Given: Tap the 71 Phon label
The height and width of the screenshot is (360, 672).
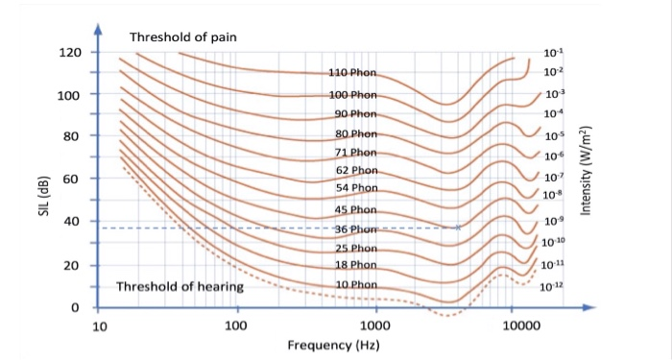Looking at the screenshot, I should (x=355, y=153).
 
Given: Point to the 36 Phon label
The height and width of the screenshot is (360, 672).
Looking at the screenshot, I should (x=355, y=229).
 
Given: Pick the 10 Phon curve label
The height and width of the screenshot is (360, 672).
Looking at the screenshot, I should (x=355, y=285).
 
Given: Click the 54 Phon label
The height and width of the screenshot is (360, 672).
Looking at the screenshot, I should (x=355, y=187).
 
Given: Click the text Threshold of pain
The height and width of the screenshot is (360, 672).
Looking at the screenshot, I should (x=182, y=37).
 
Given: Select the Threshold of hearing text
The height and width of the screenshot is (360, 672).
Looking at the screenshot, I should (x=180, y=286).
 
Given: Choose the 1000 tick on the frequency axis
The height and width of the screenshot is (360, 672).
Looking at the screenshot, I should (x=375, y=326).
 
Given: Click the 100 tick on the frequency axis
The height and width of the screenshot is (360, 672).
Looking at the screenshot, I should (x=236, y=326).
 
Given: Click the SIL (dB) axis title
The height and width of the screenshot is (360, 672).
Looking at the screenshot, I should (x=42, y=181).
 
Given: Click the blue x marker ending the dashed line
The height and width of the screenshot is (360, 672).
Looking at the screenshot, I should (x=458, y=228).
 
